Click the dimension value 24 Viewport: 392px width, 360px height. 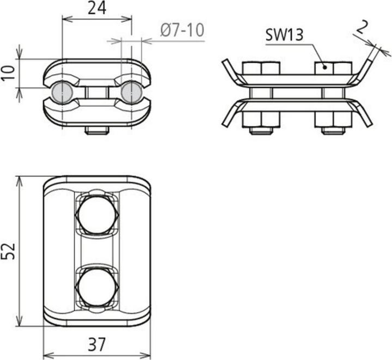coord(97,8)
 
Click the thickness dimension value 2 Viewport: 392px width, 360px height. coord(364,25)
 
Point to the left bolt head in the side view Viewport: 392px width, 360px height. coord(260,68)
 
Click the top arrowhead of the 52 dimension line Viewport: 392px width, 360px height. coord(21,180)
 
